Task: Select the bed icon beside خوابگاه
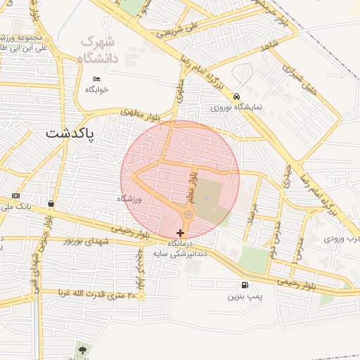tap(96, 79)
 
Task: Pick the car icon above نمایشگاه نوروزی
tap(236, 96)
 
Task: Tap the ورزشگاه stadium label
tap(129, 200)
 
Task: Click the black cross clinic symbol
tap(181, 233)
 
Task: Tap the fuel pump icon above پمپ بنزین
tap(244, 285)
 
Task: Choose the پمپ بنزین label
tap(244, 297)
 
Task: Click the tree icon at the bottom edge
tap(82, 349)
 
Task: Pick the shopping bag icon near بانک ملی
tap(51, 204)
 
